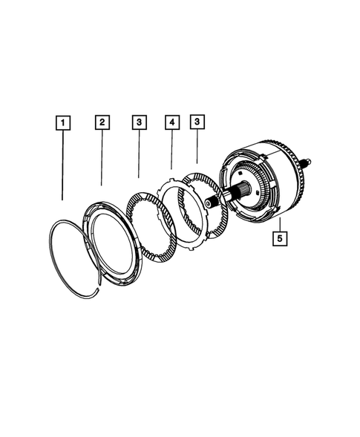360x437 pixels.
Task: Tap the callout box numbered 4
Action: (x=171, y=122)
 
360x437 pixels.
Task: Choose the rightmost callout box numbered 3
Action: (x=197, y=122)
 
